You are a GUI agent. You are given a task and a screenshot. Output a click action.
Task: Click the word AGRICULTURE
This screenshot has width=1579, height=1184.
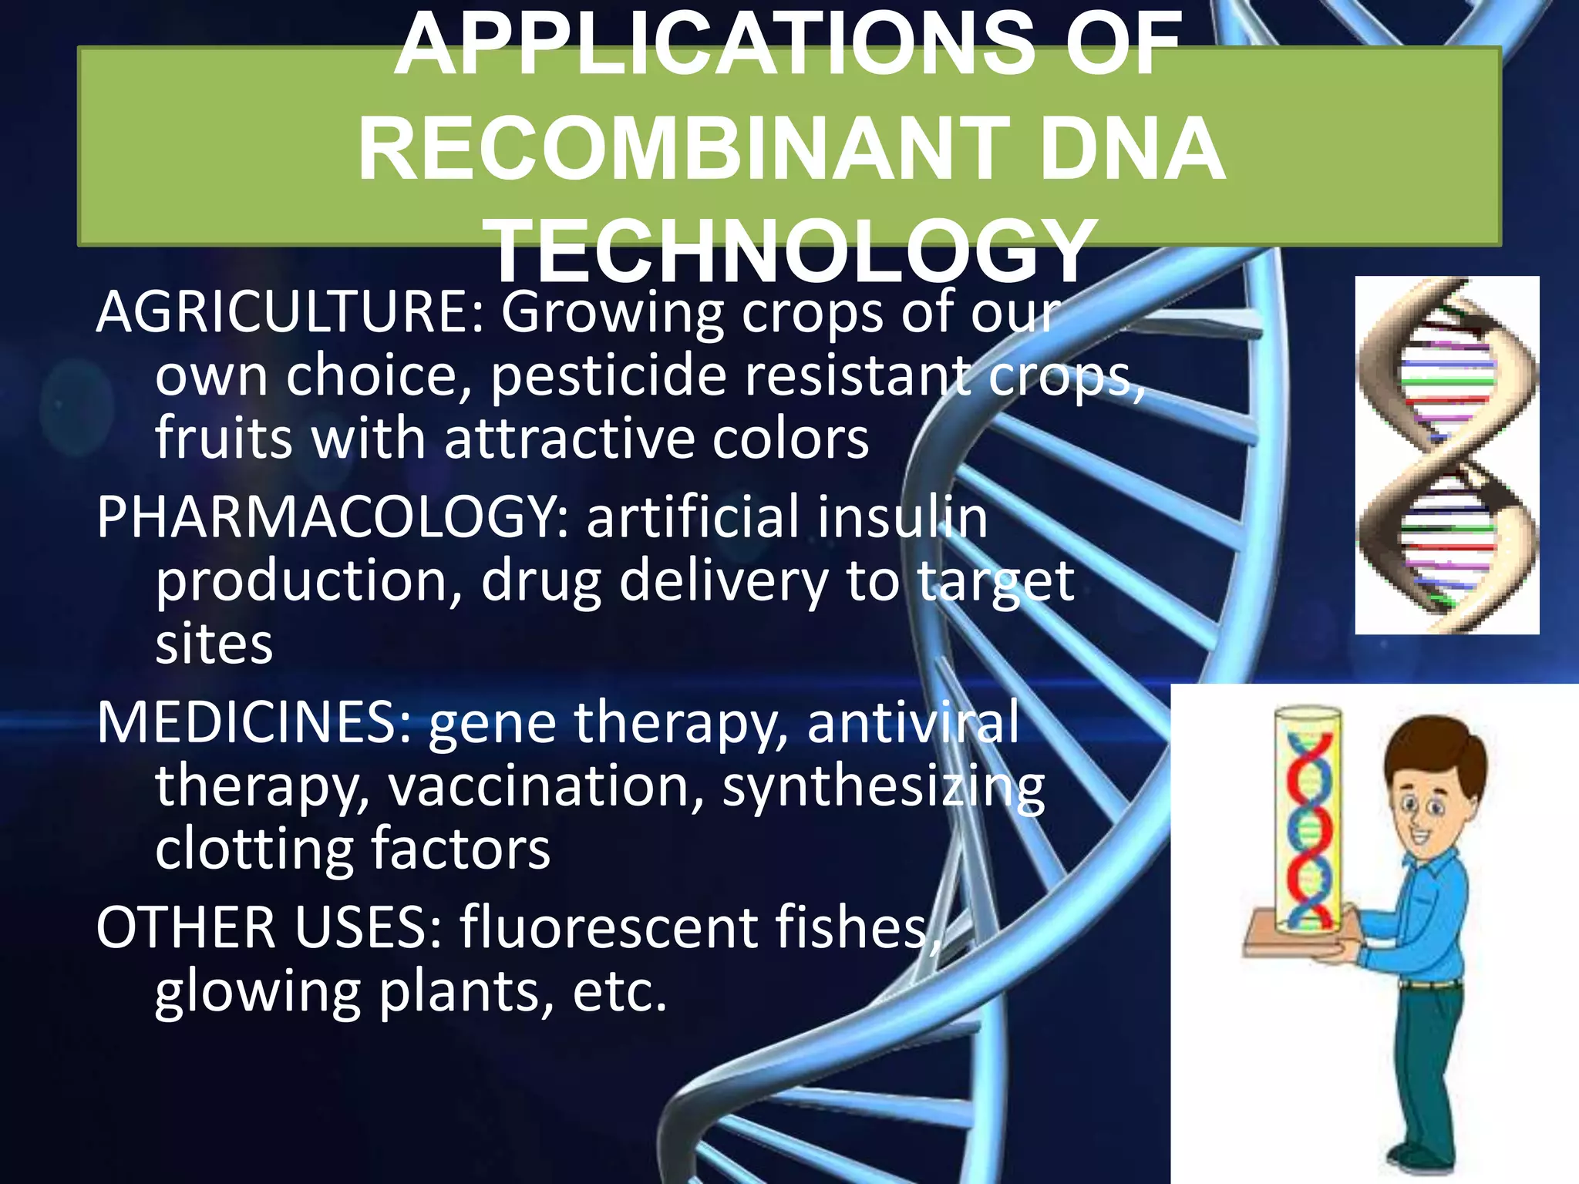(x=289, y=312)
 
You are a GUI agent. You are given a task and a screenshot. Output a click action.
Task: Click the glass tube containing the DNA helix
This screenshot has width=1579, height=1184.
(x=1307, y=821)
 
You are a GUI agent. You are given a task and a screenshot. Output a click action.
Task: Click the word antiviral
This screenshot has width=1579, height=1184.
(x=913, y=723)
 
